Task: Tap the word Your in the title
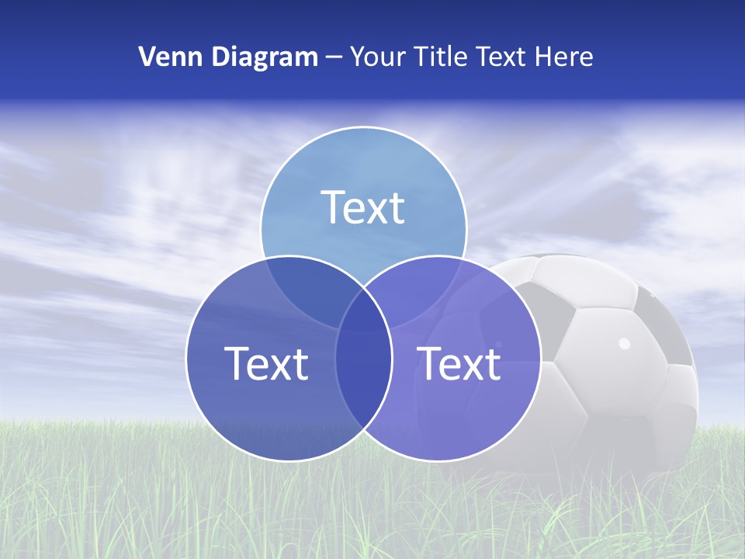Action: pos(378,57)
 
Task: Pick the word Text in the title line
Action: pos(503,57)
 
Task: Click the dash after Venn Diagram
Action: pos(334,57)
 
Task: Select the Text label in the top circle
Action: pos(363,207)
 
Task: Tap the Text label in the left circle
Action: pos(266,363)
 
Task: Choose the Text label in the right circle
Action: pos(459,363)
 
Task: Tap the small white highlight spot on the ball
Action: pos(624,342)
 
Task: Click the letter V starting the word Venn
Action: pos(146,57)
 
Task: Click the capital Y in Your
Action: pos(357,57)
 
